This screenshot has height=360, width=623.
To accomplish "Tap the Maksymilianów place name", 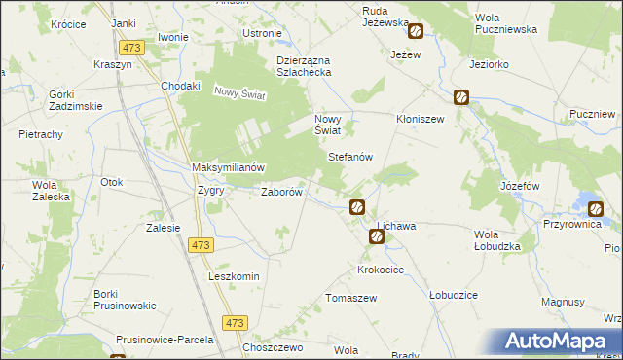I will pos(229,167).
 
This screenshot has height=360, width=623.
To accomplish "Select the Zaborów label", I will pos(284,192).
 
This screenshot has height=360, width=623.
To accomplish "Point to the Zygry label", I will pos(211,191).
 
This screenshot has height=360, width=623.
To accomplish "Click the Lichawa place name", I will pos(396,226).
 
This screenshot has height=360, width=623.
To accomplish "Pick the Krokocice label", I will pos(382,269).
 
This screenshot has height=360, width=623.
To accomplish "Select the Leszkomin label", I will pos(234,276).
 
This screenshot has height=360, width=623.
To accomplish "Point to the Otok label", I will pos(112,182).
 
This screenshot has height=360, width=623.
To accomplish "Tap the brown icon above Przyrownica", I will pos(595,206).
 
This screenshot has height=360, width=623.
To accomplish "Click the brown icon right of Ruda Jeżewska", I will pos(416,31).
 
